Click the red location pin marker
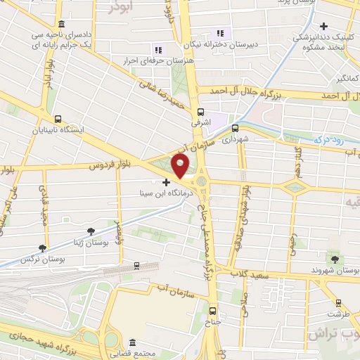pos(181,167)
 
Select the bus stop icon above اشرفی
pos(200,111)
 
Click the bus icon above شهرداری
pos(235,128)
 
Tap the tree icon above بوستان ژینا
pos(90,231)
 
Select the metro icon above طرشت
pos(339,303)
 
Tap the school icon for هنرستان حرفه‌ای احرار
pos(157,50)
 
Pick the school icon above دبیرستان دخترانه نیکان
pos(221,33)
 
